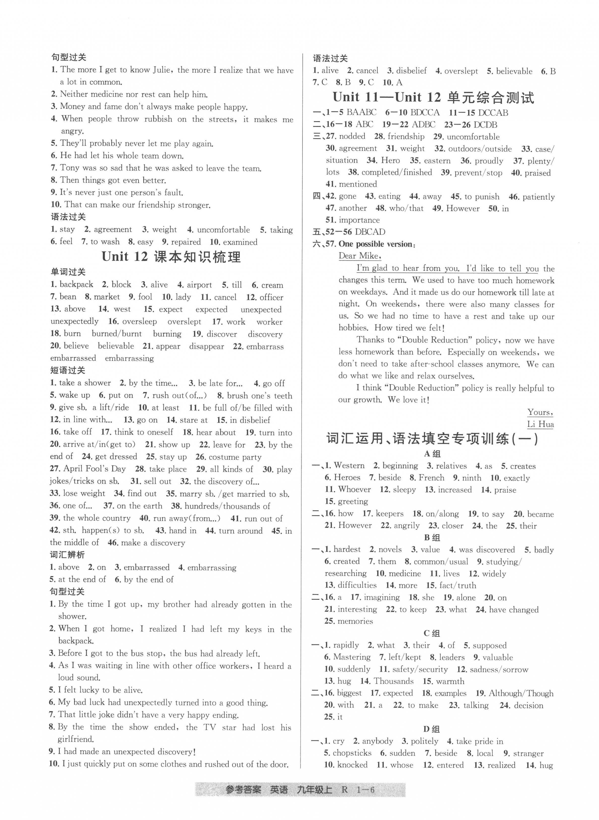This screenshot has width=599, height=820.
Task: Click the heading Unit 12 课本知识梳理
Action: click(x=171, y=257)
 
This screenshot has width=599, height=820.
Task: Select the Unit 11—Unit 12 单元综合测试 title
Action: click(x=433, y=97)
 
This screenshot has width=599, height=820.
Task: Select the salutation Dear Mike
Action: click(x=359, y=256)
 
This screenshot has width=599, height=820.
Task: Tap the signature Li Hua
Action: click(x=540, y=424)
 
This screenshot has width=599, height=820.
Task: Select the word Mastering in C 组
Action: click(x=352, y=657)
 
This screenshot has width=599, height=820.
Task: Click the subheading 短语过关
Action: click(x=68, y=370)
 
